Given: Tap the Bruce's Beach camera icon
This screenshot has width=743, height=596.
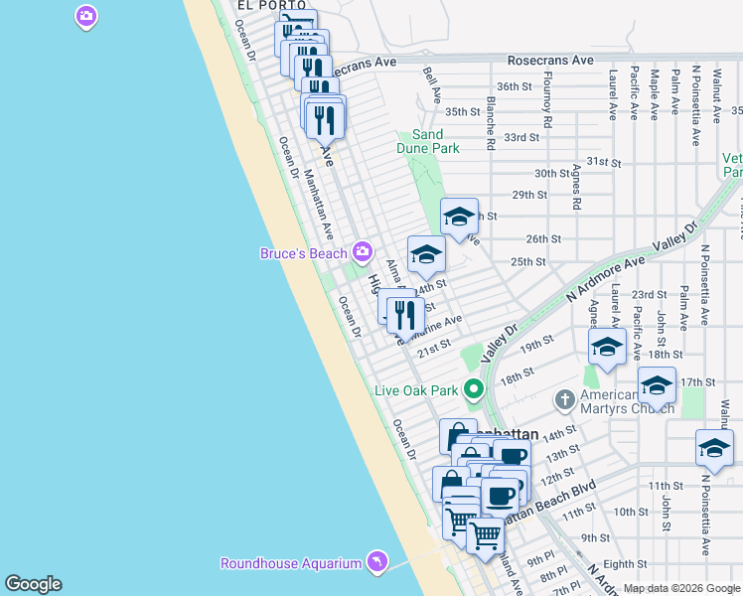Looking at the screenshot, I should (x=363, y=251).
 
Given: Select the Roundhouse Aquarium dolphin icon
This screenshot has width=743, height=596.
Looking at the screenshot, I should (x=376, y=562).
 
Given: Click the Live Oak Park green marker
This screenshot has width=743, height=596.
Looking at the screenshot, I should (x=475, y=389).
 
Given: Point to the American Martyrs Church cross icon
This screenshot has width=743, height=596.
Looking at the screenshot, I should (x=565, y=399).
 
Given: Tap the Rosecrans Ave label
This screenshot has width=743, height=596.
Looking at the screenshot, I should (x=548, y=61).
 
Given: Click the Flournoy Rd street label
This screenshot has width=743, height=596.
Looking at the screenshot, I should (x=547, y=100).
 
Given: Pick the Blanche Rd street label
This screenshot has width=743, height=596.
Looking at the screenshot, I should (x=490, y=123).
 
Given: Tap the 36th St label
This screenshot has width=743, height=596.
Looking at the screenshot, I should (x=515, y=86).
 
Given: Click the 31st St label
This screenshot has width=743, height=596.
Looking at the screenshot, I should (x=603, y=161).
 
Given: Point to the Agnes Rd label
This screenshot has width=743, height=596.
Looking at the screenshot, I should (x=576, y=188).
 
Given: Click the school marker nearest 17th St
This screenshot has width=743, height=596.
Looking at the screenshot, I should (x=658, y=384).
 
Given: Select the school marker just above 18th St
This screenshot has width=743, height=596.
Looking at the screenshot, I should (x=606, y=348).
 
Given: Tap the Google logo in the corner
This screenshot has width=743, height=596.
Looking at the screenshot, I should (x=33, y=584).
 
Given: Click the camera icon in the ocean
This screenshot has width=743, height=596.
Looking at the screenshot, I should (x=86, y=15).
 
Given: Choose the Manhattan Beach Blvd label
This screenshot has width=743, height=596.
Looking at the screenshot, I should (x=548, y=503).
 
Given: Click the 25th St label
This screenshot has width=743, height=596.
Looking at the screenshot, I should (x=528, y=261).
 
